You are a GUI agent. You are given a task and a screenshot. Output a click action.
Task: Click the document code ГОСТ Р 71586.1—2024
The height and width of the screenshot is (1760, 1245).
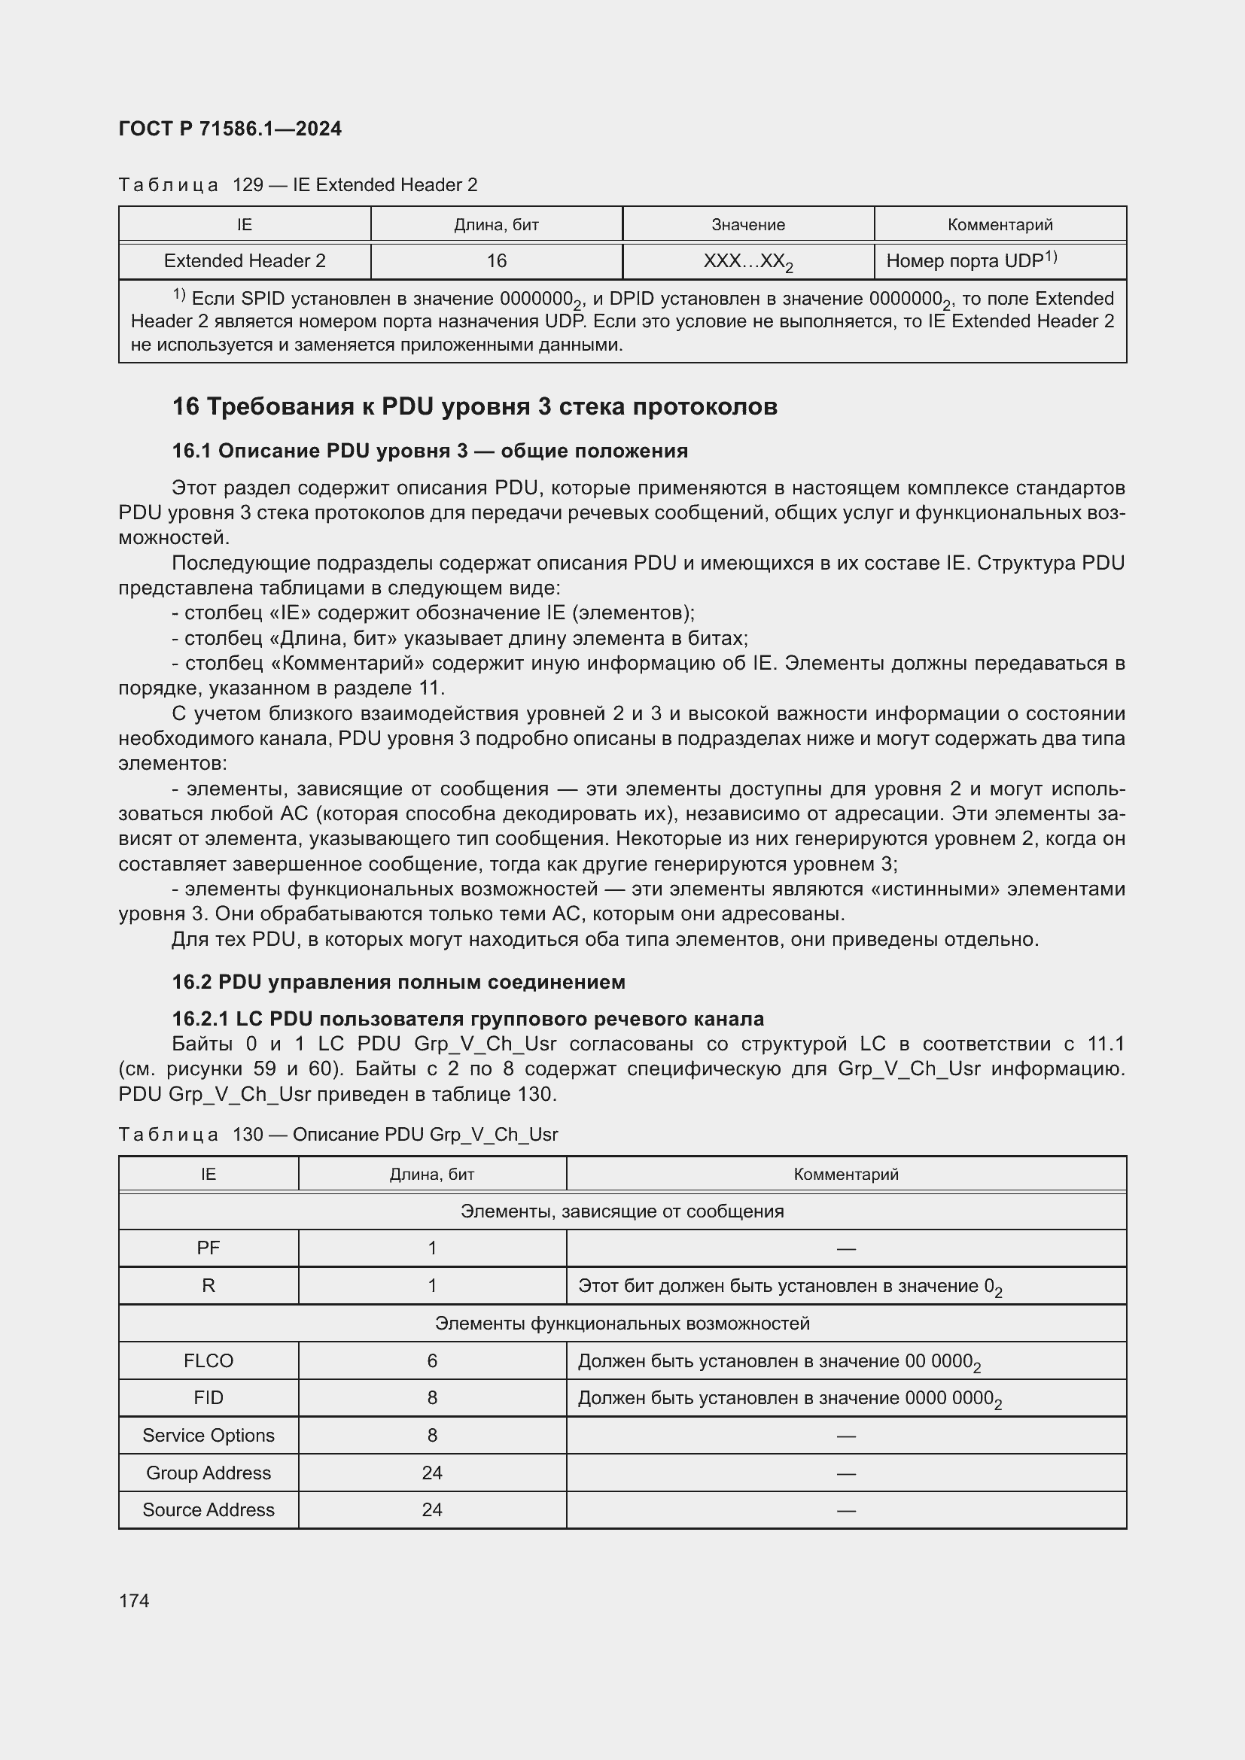(230, 129)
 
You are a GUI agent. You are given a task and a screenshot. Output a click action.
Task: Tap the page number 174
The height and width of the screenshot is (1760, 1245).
(134, 1601)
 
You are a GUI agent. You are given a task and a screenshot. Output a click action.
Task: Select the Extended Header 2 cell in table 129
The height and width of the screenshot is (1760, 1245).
(245, 261)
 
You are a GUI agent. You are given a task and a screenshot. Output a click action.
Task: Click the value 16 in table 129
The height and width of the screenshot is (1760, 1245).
(496, 261)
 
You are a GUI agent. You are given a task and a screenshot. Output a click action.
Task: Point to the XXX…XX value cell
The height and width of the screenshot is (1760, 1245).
(747, 262)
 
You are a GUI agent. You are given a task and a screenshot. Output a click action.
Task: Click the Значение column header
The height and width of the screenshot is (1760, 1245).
(747, 224)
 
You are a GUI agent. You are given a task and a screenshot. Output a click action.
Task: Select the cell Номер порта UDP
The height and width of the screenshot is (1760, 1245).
(970, 261)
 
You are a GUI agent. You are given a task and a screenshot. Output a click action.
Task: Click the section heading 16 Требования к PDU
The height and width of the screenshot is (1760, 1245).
(474, 406)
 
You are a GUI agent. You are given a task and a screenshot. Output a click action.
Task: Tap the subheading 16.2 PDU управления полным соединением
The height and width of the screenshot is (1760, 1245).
(398, 982)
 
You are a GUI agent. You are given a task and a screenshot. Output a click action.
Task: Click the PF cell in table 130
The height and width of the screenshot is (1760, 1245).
(209, 1248)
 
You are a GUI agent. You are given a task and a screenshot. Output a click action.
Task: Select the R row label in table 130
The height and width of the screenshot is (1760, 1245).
(209, 1285)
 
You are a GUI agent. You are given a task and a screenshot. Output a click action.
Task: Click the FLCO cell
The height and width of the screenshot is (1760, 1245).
(209, 1360)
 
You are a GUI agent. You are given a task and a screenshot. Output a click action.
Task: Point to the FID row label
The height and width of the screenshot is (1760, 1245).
(209, 1398)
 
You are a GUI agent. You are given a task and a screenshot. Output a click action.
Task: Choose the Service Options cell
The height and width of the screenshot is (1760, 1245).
(209, 1436)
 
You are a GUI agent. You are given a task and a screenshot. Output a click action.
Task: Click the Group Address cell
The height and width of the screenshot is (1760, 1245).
(209, 1473)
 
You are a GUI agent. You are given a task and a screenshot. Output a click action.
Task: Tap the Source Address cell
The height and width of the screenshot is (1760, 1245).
(209, 1510)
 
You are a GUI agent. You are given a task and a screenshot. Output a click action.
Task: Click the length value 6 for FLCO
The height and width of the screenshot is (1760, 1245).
(432, 1360)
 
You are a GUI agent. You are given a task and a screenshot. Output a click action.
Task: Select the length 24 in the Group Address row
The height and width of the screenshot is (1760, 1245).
(432, 1473)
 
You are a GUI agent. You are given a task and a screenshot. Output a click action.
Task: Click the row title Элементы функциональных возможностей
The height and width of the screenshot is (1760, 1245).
(622, 1324)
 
